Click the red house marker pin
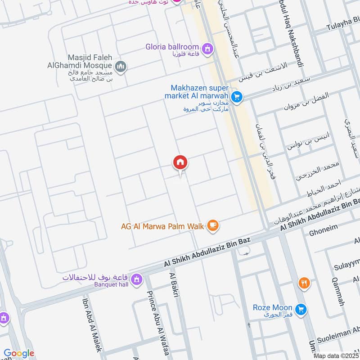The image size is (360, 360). coord(180,162)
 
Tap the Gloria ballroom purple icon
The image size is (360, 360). coord(207,48)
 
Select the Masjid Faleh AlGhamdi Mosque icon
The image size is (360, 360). coord(120,67)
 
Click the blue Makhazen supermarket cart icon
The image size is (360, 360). coord(236,96)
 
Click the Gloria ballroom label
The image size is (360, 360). coord(172,46)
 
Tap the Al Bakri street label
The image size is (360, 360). coord(174,284)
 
